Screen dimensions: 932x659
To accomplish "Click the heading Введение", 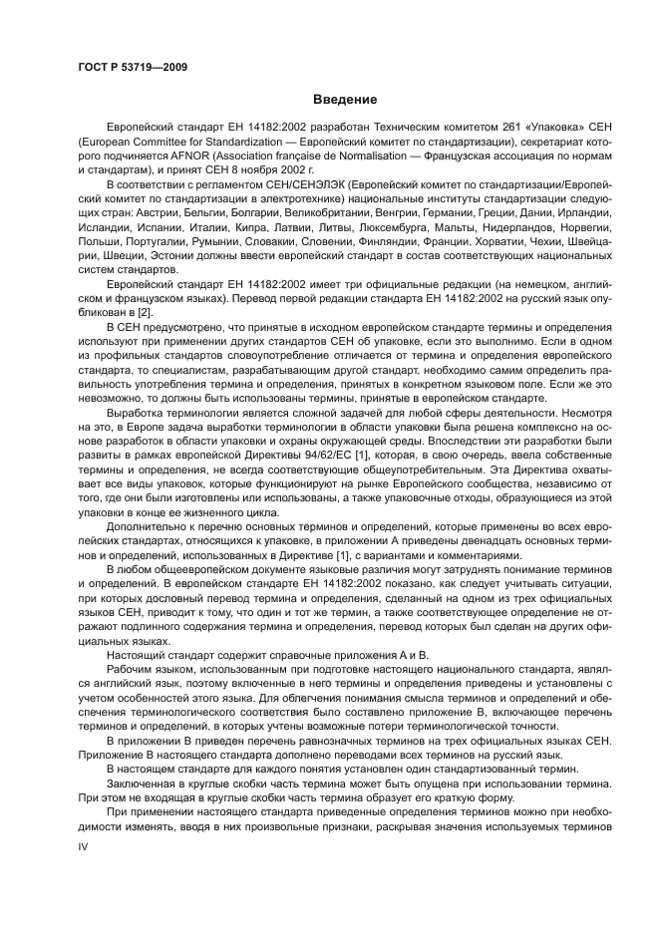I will tap(345, 100).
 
